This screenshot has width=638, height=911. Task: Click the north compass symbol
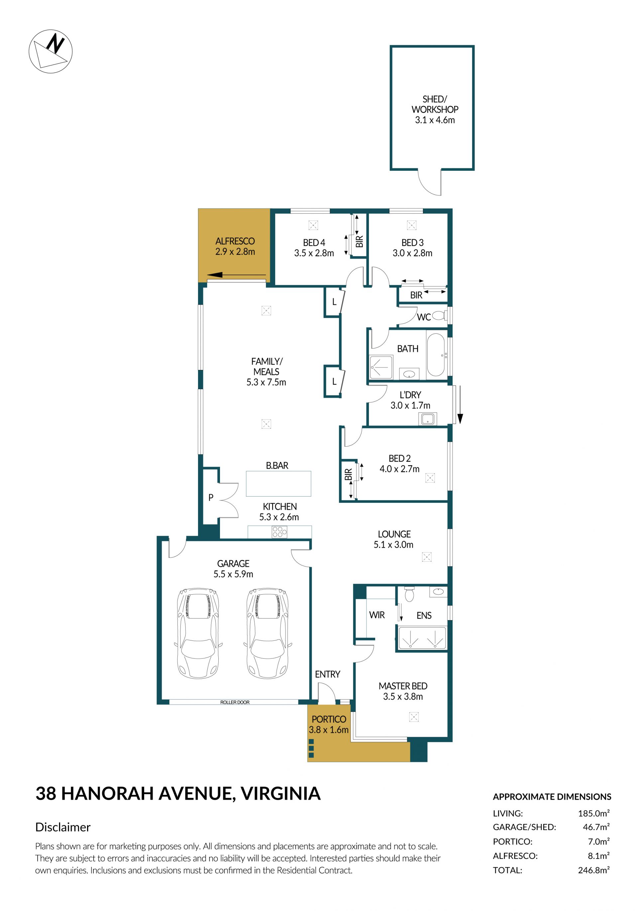tap(51, 51)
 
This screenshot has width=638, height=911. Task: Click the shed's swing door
tap(430, 182)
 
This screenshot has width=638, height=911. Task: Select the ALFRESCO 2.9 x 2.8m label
tap(235, 246)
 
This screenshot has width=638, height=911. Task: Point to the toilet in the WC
tap(439, 315)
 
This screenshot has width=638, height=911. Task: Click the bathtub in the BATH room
tap(435, 354)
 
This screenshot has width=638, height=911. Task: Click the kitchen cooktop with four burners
tap(279, 532)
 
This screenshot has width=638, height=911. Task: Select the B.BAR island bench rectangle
tap(278, 483)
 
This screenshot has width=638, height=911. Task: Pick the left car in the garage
tap(198, 633)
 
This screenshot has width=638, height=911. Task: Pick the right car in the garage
tap(267, 633)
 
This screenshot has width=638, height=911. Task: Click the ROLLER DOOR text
tap(235, 702)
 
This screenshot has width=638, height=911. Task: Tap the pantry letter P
tap(211, 497)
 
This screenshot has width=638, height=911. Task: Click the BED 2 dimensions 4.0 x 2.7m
tap(399, 469)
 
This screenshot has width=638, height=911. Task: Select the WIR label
tap(376, 615)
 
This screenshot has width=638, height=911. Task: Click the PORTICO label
tap(329, 719)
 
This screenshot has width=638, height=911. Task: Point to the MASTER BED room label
tap(403, 686)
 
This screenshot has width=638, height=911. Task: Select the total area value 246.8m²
tap(593, 870)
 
